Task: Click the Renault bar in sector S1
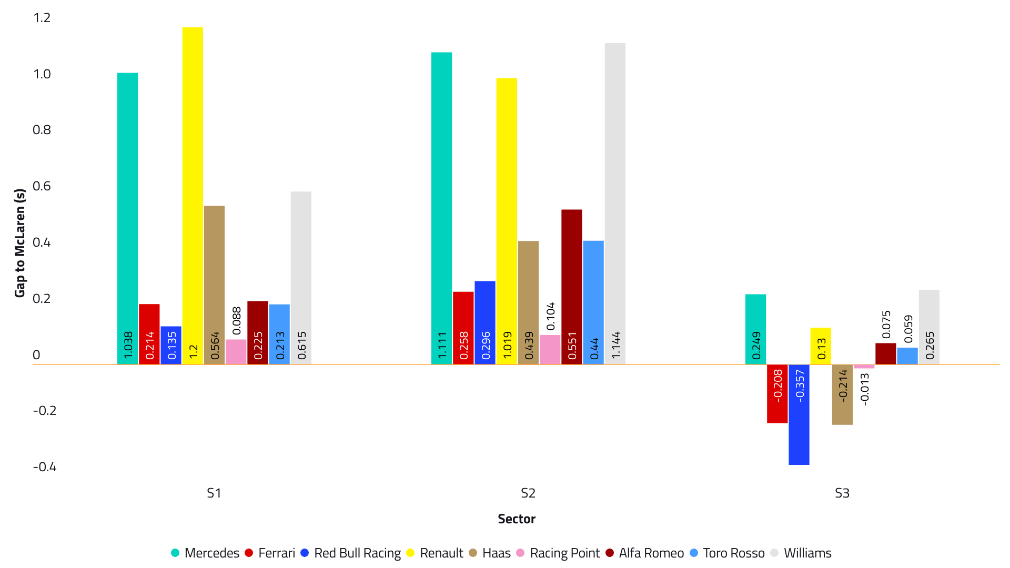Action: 193,195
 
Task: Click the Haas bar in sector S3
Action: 842,394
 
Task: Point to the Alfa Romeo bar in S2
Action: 572,287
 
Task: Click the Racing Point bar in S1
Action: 236,352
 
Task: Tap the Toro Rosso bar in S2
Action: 593,302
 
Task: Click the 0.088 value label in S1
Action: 237,321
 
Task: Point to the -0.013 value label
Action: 864,389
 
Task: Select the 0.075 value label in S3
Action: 886,324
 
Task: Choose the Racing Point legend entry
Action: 558,553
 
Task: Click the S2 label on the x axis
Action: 528,493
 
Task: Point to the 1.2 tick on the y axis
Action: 42,18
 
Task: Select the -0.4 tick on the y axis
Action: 45,467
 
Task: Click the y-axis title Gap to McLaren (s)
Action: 20,243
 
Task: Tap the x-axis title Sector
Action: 517,519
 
